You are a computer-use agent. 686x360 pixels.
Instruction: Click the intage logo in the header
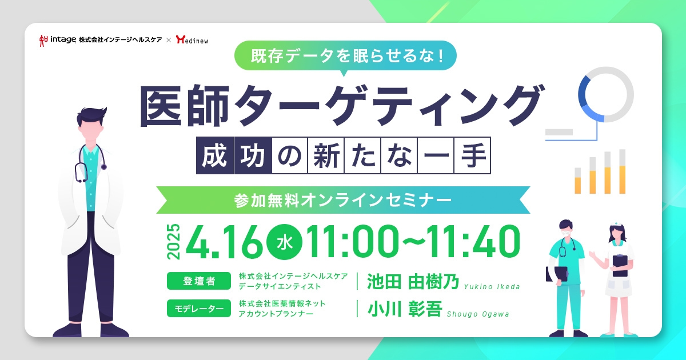click(57, 40)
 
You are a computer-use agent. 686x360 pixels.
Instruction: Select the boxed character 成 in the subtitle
click(216, 154)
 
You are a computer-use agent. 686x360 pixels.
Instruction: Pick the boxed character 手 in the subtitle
click(472, 154)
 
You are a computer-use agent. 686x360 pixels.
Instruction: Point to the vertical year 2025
click(173, 240)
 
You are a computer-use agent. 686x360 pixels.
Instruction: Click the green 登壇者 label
click(199, 281)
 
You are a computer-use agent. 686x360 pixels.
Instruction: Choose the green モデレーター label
click(199, 309)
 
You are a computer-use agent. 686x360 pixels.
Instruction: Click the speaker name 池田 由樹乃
click(413, 281)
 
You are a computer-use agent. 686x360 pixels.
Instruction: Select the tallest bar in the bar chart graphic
click(622, 171)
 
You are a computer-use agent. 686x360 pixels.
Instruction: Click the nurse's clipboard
click(620, 264)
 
